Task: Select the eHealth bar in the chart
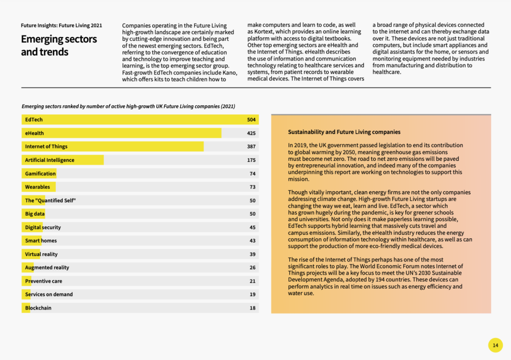tap(122, 133)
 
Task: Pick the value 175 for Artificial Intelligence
tap(251, 160)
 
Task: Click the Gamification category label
tap(40, 174)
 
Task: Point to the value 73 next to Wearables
tap(252, 187)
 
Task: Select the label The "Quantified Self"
tap(50, 200)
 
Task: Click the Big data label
tap(35, 214)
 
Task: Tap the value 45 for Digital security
tap(252, 227)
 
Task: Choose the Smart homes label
tap(41, 241)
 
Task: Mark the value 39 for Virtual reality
tap(252, 254)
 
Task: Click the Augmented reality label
tap(47, 268)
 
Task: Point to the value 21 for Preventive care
tap(252, 281)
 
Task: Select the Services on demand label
tap(49, 295)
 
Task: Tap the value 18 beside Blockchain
tap(252, 308)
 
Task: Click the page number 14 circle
tap(495, 345)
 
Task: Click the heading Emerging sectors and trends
tap(59, 45)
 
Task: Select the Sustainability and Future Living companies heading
tap(344, 132)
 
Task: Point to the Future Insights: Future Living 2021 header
tap(61, 25)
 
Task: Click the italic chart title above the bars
tap(128, 106)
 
